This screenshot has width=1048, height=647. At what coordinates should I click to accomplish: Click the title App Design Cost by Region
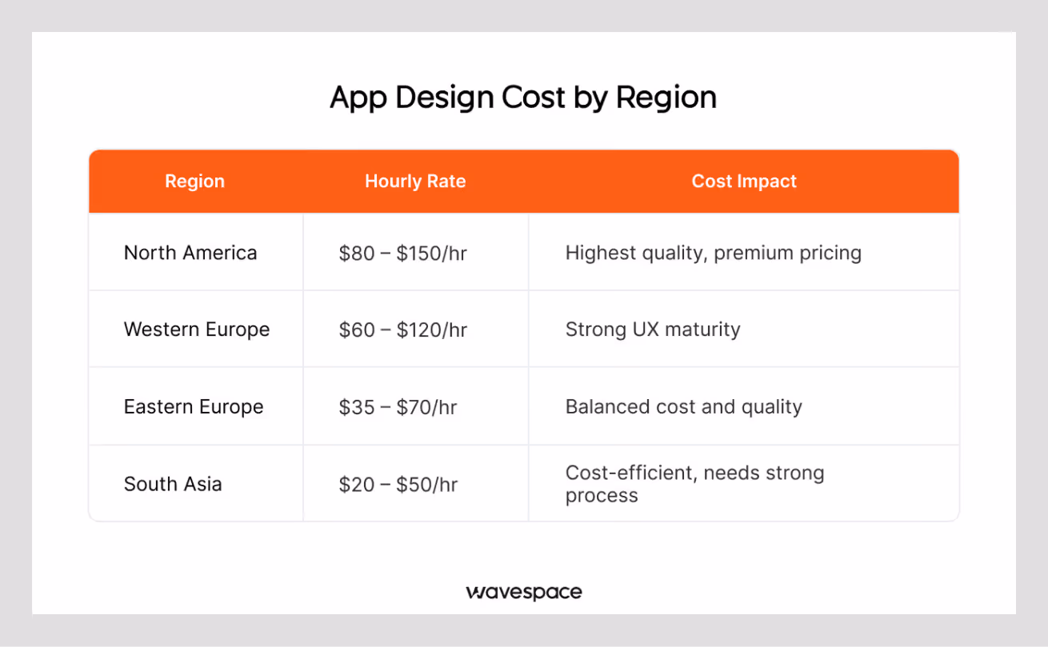click(523, 98)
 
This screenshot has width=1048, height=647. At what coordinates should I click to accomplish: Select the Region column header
click(194, 182)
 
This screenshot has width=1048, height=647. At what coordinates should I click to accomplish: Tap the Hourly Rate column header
click(415, 182)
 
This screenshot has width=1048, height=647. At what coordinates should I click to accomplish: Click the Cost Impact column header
click(744, 182)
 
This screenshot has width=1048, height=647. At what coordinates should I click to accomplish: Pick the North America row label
click(190, 254)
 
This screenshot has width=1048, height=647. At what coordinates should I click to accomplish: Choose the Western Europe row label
click(197, 329)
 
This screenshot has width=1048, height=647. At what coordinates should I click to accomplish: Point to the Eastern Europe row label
click(194, 406)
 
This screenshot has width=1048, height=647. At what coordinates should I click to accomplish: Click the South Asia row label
click(173, 484)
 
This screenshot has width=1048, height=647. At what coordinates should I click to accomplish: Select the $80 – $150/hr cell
click(402, 254)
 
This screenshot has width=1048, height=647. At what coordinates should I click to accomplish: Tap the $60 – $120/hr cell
click(402, 330)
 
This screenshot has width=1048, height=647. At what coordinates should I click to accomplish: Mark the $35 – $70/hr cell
click(398, 407)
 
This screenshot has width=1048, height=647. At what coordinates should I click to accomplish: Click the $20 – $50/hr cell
click(398, 485)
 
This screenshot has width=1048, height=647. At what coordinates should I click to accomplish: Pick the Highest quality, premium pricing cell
click(713, 254)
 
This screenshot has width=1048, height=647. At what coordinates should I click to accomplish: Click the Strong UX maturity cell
click(653, 329)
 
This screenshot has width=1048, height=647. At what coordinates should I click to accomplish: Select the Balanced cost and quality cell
click(683, 406)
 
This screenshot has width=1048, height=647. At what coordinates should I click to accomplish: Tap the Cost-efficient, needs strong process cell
click(694, 484)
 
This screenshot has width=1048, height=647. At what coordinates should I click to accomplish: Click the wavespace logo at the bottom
click(524, 593)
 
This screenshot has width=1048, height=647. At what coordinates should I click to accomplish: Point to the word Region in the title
click(666, 98)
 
